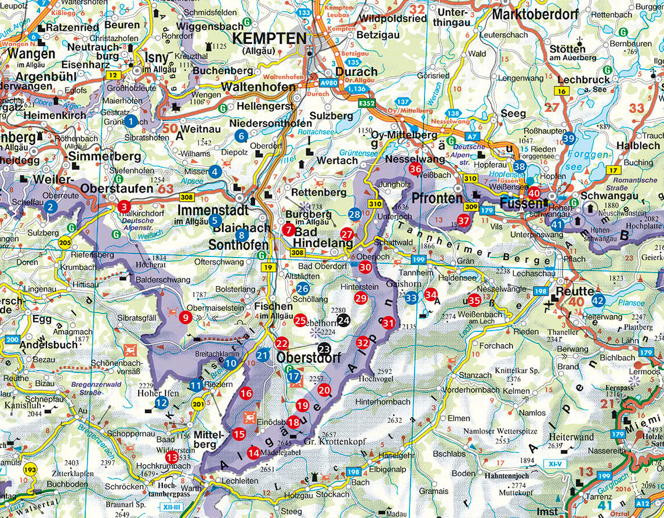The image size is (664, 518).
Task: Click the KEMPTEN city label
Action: (269, 39)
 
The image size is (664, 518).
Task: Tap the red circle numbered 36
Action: (415, 169)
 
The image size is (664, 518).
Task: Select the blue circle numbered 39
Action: (569, 138)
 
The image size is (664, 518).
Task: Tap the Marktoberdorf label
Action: (540, 15)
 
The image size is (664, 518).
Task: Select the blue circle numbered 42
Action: (598, 300)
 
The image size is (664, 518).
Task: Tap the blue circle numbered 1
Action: (131, 121)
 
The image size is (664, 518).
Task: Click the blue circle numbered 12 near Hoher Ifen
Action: (162, 402)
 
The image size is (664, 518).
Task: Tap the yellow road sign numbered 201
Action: (198, 404)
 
